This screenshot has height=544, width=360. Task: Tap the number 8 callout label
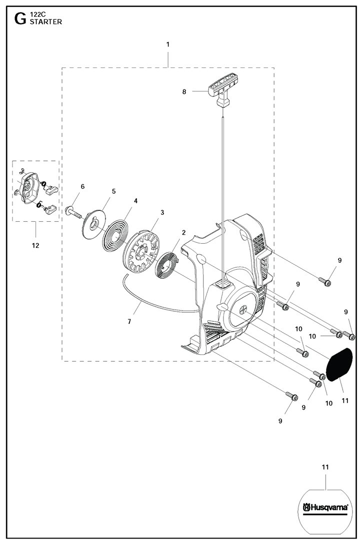coord(184,91)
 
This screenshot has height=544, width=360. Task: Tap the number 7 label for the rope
coord(129,321)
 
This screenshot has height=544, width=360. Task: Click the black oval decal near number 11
coord(339,365)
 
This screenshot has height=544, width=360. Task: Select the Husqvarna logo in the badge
coord(325,508)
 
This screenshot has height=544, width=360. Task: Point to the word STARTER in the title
coord(46,22)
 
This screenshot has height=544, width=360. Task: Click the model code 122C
coord(38,15)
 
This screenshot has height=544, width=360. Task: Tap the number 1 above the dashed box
coord(168,44)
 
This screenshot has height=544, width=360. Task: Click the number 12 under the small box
coord(35,245)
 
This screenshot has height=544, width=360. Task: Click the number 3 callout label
coord(162,212)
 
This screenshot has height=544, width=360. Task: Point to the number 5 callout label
coord(113,191)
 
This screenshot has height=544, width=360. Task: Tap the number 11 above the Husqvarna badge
coord(325,467)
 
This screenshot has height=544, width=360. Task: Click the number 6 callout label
coord(82,186)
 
